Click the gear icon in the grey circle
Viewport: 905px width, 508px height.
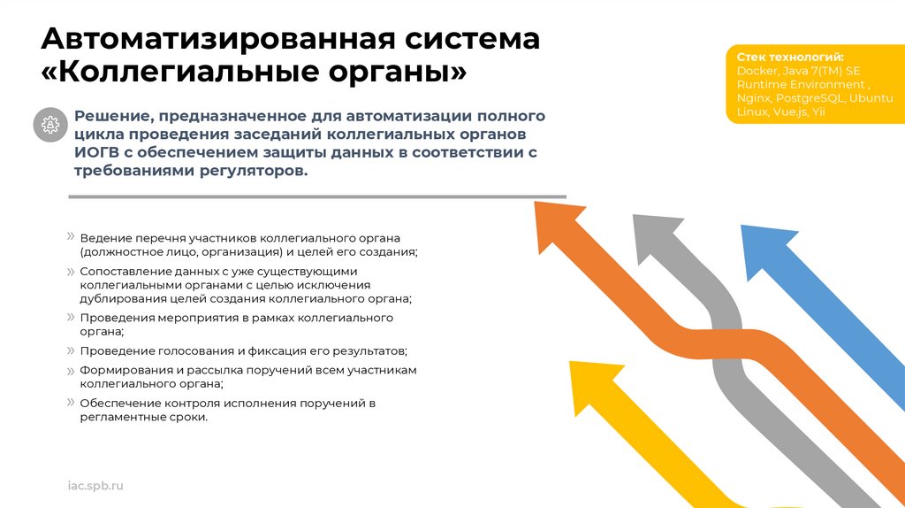coord(50,124)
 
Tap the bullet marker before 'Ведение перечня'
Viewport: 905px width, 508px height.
coord(70,236)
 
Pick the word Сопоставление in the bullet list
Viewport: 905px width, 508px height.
coord(121,271)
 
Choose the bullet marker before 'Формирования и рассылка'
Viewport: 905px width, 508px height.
coord(70,368)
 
